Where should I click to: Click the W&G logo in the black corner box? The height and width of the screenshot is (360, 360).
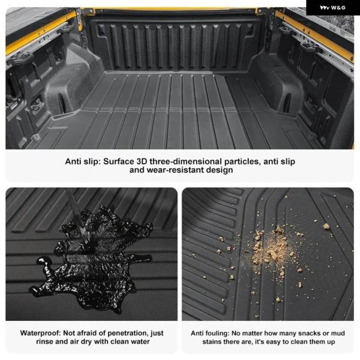tap(332, 8)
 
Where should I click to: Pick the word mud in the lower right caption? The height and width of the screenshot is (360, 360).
tap(338, 333)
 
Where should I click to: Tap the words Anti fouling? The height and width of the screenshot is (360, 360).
tap(210, 333)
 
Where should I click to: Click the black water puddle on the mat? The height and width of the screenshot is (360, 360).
tap(92, 259)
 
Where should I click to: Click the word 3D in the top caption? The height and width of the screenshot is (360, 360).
tap(142, 161)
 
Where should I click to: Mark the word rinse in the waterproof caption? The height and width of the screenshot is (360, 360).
tap(45, 341)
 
